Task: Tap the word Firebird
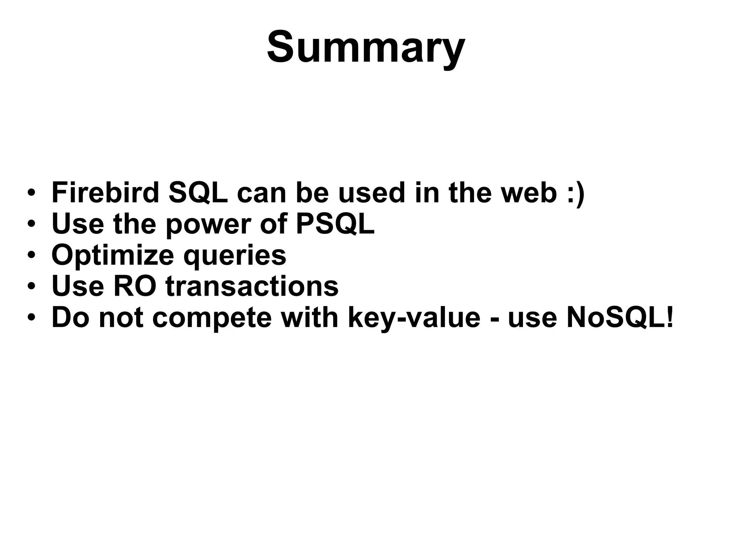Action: point(105,193)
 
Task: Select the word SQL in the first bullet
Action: point(198,193)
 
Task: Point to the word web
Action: point(529,193)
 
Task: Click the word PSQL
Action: point(335,224)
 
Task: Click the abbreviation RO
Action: point(135,286)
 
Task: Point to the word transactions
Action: point(252,286)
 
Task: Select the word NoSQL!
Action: point(620,317)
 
